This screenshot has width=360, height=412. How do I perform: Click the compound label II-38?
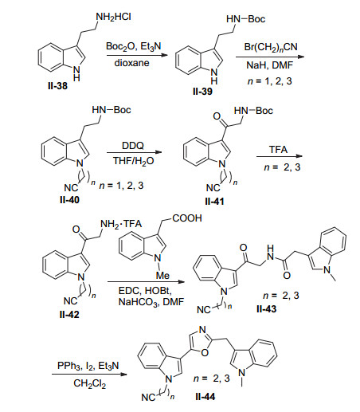coord(57,86)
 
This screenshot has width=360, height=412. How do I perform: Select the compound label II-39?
coord(202,92)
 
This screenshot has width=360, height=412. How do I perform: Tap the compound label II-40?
coord(69,200)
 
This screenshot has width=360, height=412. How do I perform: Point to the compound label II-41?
coord(214,202)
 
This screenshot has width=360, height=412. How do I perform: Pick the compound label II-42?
coord(69,315)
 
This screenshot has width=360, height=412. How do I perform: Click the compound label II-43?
coord(266,309)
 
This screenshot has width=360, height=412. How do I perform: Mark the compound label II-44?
coord(205,397)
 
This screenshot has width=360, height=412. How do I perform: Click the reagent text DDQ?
coord(133,146)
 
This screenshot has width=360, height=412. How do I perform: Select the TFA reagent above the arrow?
coord(279,150)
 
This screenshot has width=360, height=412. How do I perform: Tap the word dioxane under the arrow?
coord(131,63)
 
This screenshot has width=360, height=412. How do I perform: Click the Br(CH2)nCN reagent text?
coord(271,47)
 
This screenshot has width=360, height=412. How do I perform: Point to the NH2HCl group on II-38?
coord(113,18)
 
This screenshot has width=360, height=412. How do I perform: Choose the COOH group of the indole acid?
coord(187,218)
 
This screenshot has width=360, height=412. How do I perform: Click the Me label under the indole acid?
coord(162,276)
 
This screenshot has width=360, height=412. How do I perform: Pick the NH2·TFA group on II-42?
coord(121,224)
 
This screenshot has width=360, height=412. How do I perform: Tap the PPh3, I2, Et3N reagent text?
coord(88,366)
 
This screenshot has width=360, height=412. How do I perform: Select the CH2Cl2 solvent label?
coord(89,383)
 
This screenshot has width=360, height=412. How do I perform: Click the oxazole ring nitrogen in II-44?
coord(202,330)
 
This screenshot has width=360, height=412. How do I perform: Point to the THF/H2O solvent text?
coord(134,161)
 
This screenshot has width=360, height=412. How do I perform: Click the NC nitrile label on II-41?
coord(213,188)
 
